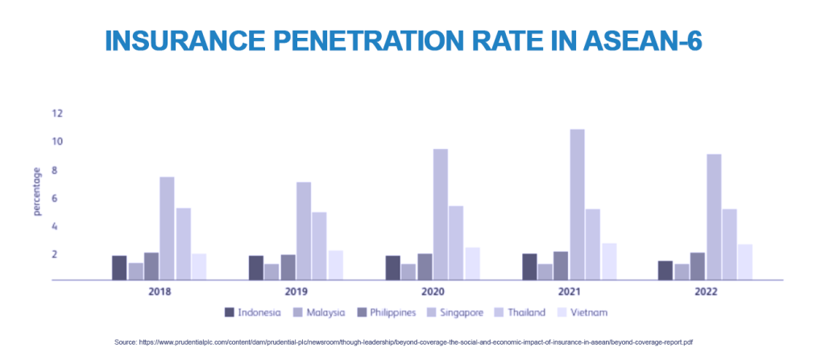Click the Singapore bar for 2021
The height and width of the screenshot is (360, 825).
click(x=577, y=205)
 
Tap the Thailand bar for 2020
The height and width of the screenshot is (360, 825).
click(x=456, y=242)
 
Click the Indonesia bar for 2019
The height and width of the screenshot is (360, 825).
click(x=256, y=267)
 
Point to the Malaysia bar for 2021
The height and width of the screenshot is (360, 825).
click(x=545, y=271)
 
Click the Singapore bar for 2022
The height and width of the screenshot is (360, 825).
click(x=713, y=217)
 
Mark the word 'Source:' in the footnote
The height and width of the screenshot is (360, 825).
click(x=126, y=342)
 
